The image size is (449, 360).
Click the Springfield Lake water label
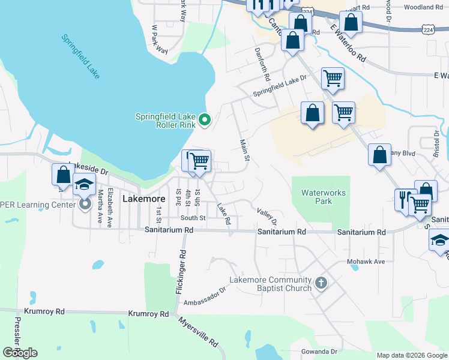[x=80, y=56]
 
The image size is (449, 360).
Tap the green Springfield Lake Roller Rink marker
[x=205, y=121]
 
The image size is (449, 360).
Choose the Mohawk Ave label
[x=365, y=262]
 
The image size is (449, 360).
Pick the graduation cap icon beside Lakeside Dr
[x=85, y=185]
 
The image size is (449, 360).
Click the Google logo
[x=20, y=353]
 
